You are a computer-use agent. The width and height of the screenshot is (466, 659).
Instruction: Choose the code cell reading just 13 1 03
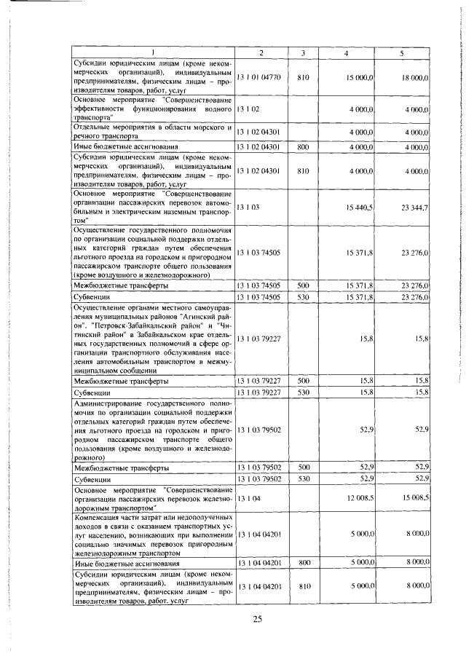pos(247,208)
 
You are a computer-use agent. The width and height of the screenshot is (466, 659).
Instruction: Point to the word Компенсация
pos(102,515)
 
